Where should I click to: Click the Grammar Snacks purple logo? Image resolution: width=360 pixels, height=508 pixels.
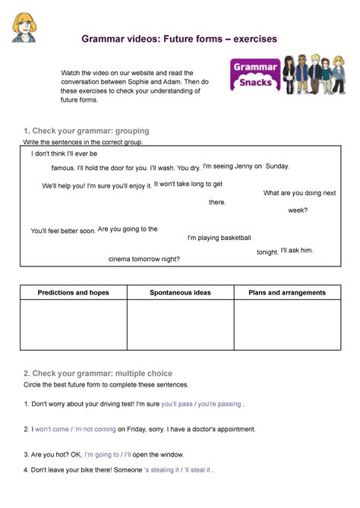click(x=254, y=75)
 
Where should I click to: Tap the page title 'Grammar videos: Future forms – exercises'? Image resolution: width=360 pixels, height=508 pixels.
click(x=180, y=39)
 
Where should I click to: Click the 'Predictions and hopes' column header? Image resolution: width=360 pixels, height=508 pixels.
click(x=73, y=292)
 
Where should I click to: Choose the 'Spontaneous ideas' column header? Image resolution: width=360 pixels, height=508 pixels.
click(x=180, y=292)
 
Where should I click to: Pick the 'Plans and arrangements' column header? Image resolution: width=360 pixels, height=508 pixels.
click(x=287, y=292)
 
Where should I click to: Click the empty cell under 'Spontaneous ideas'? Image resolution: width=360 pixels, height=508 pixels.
click(x=180, y=325)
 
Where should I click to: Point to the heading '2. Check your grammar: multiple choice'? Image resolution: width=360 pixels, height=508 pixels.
click(x=97, y=374)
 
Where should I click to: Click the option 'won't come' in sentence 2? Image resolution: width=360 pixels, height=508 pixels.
click(x=51, y=429)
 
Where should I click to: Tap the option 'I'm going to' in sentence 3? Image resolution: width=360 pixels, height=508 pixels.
click(x=102, y=454)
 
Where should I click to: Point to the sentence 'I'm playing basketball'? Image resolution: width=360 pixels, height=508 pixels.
click(x=219, y=238)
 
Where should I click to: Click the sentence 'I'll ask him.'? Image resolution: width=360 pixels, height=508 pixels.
click(x=297, y=251)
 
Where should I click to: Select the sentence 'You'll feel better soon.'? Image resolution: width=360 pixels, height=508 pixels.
click(x=63, y=231)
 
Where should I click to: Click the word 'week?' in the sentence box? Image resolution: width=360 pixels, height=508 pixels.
click(x=298, y=210)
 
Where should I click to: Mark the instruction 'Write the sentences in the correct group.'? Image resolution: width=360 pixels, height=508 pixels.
click(x=83, y=142)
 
